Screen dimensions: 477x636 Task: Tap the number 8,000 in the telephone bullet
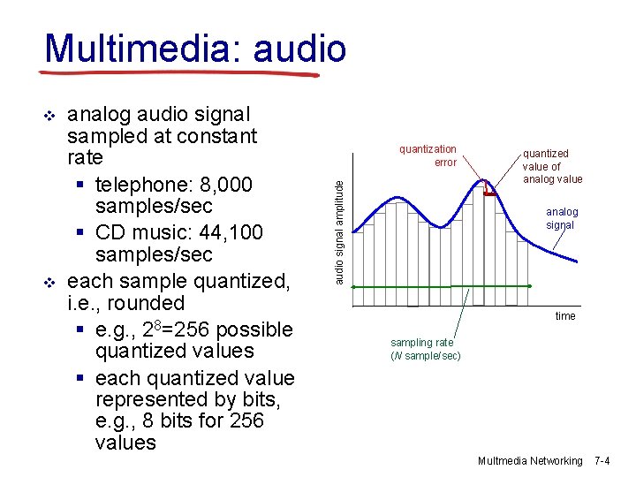tap(225, 185)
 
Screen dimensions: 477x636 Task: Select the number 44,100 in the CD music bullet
tap(233, 232)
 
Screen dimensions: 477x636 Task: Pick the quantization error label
tap(428, 155)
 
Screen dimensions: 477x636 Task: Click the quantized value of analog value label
tap(552, 166)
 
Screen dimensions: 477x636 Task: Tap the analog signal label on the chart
tap(561, 218)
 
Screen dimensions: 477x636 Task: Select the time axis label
tap(564, 316)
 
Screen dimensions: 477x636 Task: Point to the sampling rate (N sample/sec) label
tap(425, 349)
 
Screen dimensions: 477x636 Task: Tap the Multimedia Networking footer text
tap(530, 461)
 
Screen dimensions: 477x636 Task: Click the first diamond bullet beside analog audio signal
tap(49, 116)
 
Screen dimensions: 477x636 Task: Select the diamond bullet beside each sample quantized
tap(49, 283)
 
